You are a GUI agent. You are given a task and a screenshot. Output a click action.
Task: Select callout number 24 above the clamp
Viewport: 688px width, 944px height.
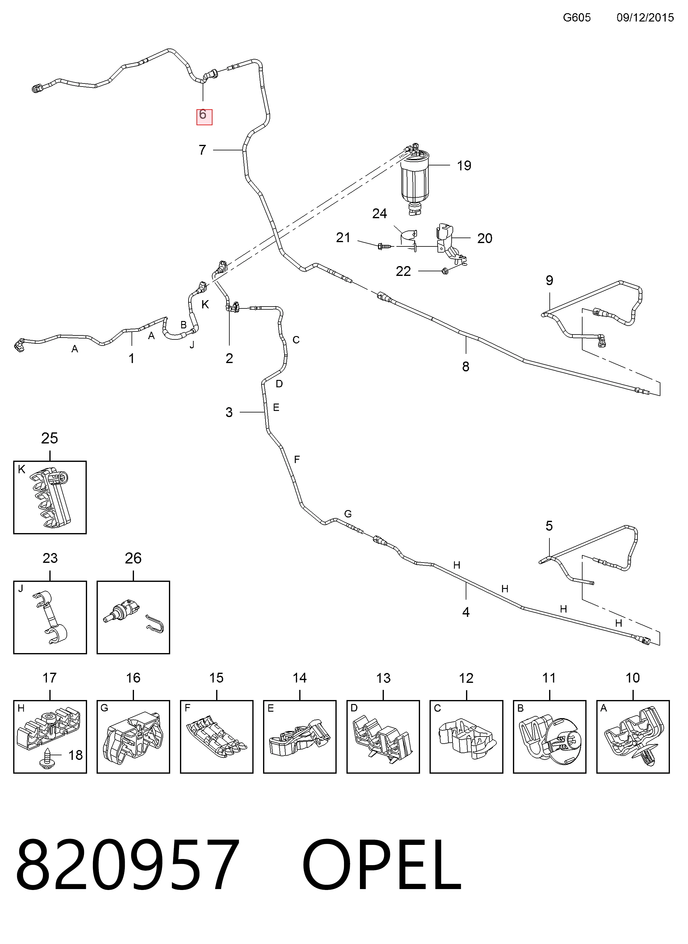point(379,214)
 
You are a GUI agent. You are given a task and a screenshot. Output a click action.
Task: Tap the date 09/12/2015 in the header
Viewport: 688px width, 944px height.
point(645,17)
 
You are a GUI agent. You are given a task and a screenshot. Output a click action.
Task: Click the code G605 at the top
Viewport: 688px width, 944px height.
point(577,17)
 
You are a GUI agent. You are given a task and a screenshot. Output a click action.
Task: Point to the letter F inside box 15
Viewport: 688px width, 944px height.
point(187,708)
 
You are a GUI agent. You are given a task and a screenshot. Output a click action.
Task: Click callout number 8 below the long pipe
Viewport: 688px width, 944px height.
point(466,367)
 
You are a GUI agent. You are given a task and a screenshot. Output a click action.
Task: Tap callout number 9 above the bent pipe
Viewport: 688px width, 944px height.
point(549,280)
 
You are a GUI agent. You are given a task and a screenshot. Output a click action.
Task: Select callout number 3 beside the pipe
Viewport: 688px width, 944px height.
point(229,412)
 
